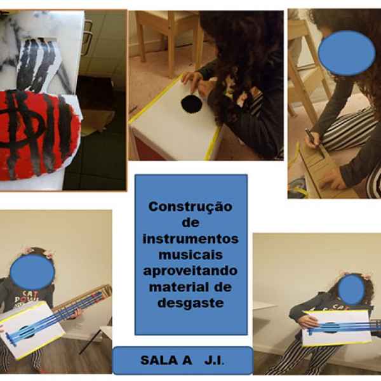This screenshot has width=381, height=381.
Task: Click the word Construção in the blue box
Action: (190, 207)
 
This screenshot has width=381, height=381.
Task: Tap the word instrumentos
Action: (190, 239)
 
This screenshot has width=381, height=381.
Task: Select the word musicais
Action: (190, 255)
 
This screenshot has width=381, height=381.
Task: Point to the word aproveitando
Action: (190, 271)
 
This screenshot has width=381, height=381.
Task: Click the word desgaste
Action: (190, 304)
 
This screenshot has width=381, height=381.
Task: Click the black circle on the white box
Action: (192, 104)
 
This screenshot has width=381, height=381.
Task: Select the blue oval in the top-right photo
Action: (347, 53)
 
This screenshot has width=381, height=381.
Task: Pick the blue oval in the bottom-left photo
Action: (32, 272)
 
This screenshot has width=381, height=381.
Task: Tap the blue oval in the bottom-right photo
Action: (351, 290)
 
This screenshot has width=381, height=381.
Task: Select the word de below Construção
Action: (190, 223)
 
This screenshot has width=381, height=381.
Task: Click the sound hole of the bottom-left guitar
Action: (26, 332)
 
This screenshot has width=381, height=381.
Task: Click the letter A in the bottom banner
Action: (187, 360)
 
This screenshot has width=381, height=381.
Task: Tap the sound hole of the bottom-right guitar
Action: (330, 328)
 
